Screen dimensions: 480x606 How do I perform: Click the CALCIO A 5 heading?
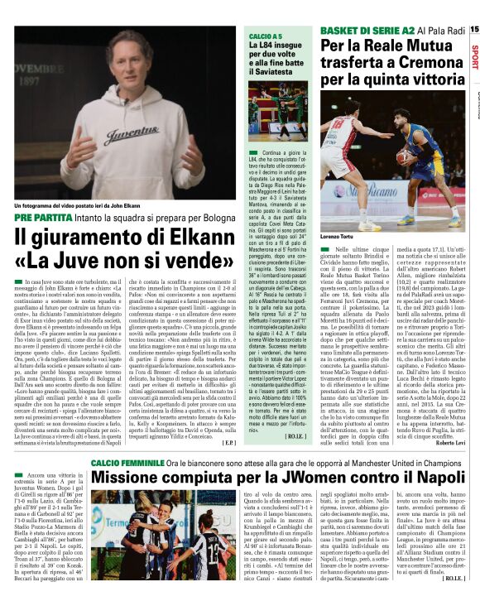267,36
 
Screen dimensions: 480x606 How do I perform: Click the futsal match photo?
279,115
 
